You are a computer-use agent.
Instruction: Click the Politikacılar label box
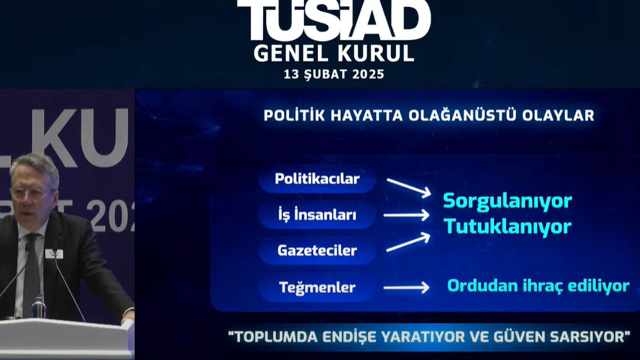[x=317, y=179]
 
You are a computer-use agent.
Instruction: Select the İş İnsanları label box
[x=317, y=215]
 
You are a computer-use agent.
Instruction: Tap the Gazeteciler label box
[x=317, y=251]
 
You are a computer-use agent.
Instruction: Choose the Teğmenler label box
[x=317, y=288]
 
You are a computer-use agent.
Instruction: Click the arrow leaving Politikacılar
[x=408, y=188]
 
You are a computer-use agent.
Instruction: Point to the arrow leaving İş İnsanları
[x=406, y=215]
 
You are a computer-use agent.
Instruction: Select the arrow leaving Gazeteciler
[x=408, y=242]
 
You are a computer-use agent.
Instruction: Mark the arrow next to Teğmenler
[x=406, y=287]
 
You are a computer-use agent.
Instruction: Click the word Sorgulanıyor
[x=507, y=201]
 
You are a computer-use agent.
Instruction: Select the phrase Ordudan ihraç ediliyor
[x=538, y=286]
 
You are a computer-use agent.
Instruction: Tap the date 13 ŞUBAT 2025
[x=334, y=75]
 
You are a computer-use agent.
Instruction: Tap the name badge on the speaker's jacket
[x=54, y=254]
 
